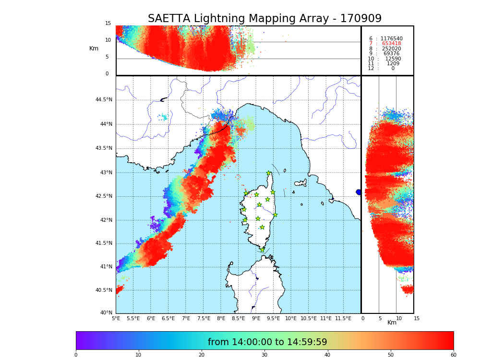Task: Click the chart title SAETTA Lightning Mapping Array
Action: coord(264,19)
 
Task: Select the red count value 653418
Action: coord(391,44)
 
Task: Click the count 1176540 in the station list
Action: coord(391,38)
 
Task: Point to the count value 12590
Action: coord(393,59)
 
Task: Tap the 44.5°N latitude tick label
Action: coord(104,100)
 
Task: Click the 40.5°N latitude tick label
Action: coord(104,290)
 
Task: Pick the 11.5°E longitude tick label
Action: coord(343,318)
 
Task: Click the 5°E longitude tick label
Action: coord(116,318)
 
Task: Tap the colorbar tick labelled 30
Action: coord(264,355)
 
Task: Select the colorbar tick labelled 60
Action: coord(453,355)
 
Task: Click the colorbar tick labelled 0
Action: coord(76,355)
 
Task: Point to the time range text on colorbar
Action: coord(267,342)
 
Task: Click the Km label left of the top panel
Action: coord(94,48)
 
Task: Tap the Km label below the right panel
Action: coord(392,323)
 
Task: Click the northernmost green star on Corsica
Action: coord(269,173)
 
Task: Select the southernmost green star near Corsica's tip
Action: coord(262,250)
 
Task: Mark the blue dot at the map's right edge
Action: coord(359,192)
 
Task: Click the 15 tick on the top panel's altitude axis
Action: coord(108,24)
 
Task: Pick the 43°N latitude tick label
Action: coord(104,172)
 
